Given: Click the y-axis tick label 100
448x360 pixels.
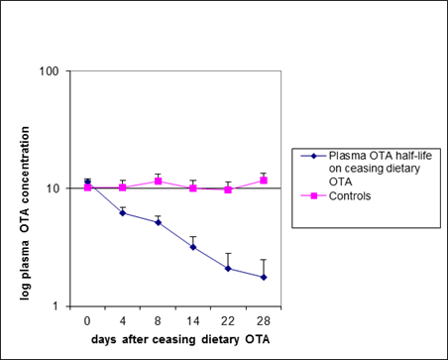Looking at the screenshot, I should (49, 71).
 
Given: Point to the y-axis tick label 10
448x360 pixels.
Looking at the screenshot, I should (52, 188).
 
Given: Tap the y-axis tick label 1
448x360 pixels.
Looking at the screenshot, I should (56, 305).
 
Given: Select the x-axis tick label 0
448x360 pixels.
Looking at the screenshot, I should (87, 320).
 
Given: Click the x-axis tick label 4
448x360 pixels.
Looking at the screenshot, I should (123, 320).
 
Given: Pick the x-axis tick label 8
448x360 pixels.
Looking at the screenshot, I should (158, 320).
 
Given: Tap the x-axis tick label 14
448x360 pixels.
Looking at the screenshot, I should (193, 320).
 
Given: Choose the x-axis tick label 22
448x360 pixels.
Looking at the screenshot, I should (228, 320).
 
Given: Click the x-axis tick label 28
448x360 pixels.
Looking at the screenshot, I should (264, 320).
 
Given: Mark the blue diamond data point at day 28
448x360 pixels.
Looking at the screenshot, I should (264, 277).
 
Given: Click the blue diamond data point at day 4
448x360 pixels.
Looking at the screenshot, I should (123, 212).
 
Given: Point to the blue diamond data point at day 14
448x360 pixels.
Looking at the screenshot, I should (193, 247).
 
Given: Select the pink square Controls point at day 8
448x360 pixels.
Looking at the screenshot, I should (158, 181).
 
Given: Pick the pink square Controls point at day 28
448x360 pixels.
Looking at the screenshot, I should (264, 180).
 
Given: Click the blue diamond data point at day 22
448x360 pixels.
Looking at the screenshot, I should (228, 268).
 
